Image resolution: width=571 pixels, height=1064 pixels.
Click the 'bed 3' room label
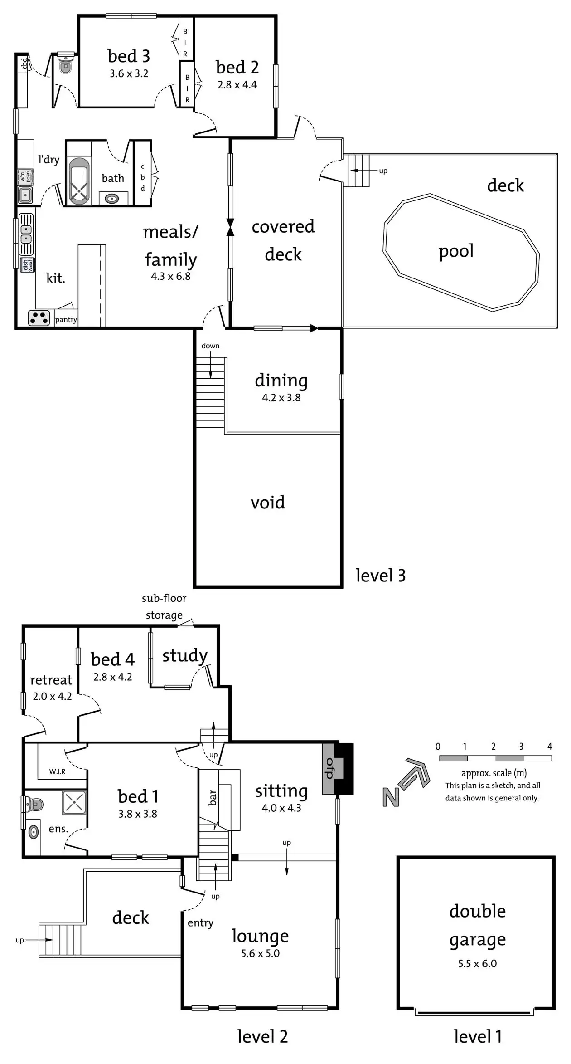point(129,56)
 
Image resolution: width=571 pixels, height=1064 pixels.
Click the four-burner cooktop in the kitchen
point(39,318)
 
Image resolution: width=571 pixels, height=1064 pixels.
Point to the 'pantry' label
point(66,320)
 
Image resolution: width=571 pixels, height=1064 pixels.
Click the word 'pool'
point(456,251)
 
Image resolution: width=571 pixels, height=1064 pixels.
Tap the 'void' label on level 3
point(268,503)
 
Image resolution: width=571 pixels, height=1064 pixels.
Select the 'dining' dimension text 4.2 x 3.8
point(281,398)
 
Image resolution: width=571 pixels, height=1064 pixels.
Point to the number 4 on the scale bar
point(549,747)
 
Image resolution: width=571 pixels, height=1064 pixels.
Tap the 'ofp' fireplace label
point(329,769)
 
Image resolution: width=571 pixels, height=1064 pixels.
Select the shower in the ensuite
point(74,801)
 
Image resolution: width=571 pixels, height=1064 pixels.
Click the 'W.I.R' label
point(58,771)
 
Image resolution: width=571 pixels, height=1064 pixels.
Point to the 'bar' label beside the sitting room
point(212,797)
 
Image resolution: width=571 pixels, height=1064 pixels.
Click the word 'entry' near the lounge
point(200,922)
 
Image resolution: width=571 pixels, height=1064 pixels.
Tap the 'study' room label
point(185,655)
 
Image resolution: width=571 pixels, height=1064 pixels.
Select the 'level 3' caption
point(380,576)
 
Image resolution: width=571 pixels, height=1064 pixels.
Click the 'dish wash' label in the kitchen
point(28,264)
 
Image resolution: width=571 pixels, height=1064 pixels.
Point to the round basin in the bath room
point(111,198)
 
